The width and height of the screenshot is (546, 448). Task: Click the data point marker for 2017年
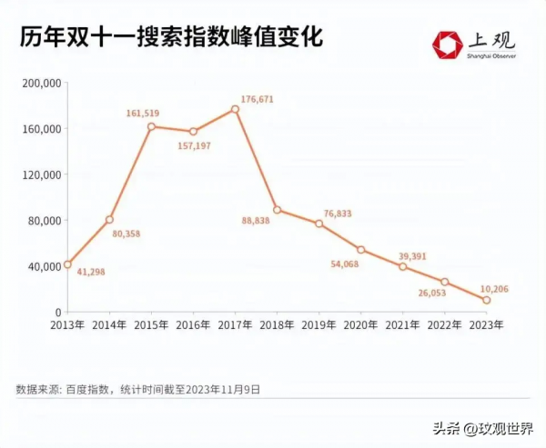coord(235,109)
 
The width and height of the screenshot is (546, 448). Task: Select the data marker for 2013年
coord(67,264)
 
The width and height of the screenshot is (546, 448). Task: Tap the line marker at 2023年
coord(487,300)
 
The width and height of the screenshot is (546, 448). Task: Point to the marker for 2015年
coord(151,126)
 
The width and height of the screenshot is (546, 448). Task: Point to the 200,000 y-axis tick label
coord(40,83)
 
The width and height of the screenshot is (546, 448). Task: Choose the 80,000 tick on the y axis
coord(43,220)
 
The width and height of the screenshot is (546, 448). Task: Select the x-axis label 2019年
coord(318,324)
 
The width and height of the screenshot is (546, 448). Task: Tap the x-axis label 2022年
coord(445,324)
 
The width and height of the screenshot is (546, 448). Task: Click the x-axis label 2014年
coord(109,324)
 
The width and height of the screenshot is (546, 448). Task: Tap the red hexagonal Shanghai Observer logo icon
coord(448,44)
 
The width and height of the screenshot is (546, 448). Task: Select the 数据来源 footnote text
coord(137,388)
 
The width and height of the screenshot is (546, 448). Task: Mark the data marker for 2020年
coord(361,250)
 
